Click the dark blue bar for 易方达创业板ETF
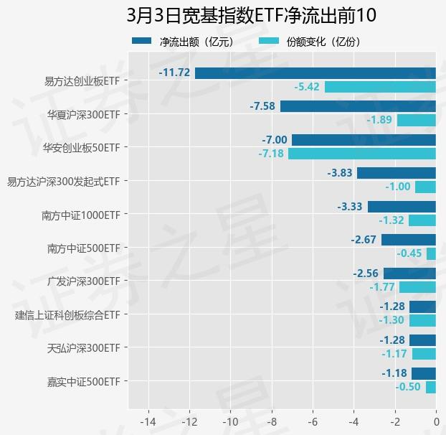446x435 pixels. tap(315, 72)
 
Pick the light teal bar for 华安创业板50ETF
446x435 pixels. tap(362, 154)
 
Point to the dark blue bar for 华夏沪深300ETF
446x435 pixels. tap(358, 106)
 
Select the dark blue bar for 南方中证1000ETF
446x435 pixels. tap(402, 207)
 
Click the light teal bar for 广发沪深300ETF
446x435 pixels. tap(417, 287)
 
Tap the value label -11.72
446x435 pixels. tap(174, 72)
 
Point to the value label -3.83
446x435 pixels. tap(339, 173)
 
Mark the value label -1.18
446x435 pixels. tap(394, 373)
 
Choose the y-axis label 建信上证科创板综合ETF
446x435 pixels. tap(67, 314)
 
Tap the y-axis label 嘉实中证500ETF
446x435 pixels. tap(83, 381)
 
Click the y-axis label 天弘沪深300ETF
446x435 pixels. tap(83, 348)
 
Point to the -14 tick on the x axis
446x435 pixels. tap(148, 420)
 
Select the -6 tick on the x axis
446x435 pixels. tap(313, 420)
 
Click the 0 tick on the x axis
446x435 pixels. tap(436, 420)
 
